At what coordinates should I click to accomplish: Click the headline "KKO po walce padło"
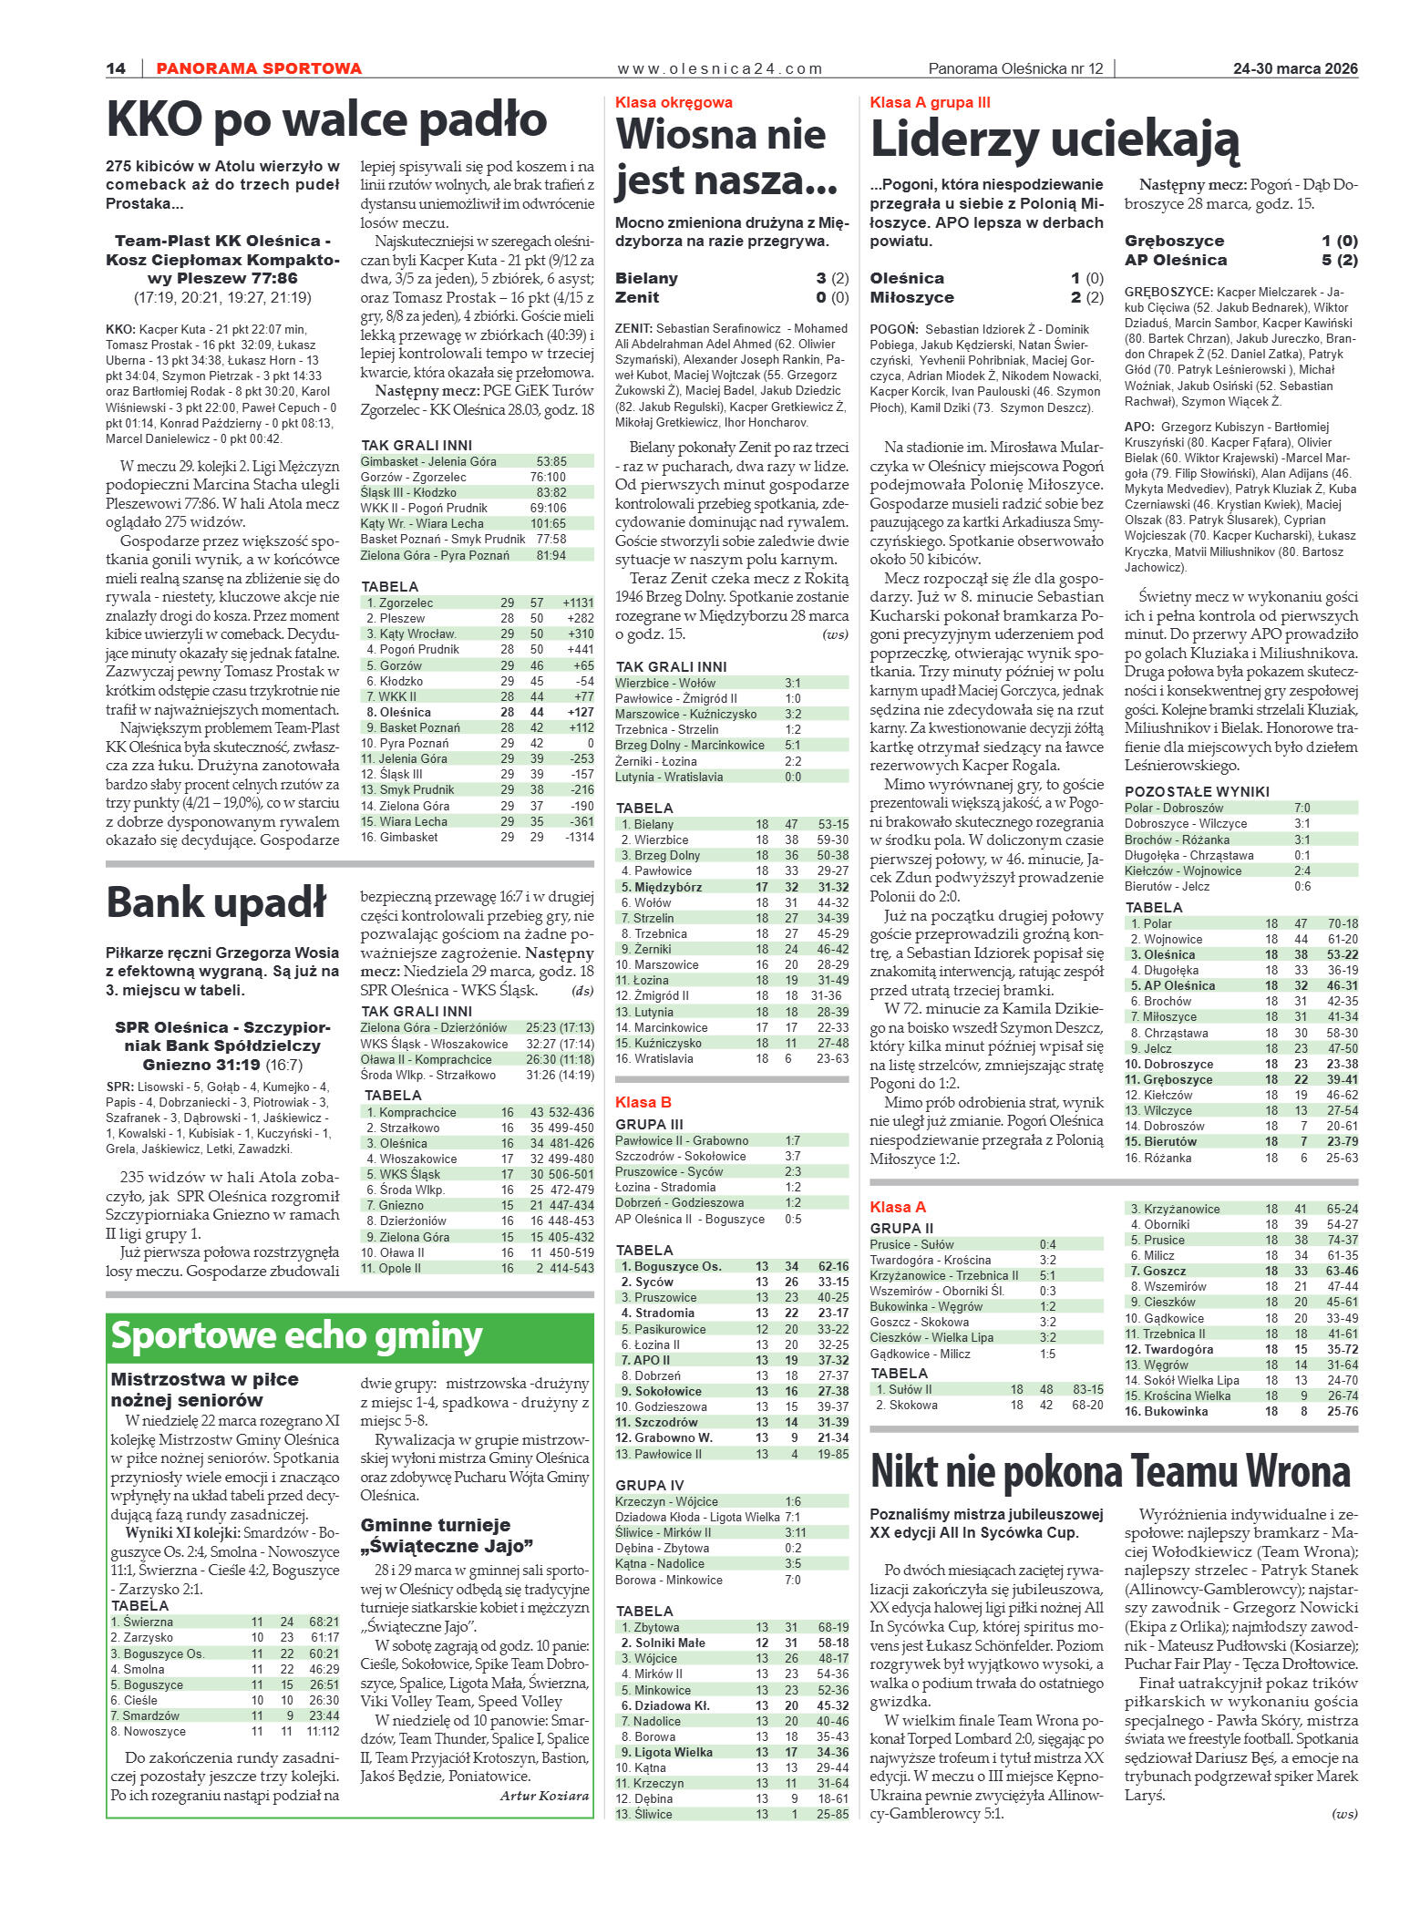(x=326, y=119)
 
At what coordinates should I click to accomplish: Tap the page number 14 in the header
(x=116, y=68)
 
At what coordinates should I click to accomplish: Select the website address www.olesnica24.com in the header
(x=719, y=68)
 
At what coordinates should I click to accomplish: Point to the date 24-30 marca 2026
(x=1295, y=68)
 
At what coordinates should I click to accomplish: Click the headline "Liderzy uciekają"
(x=1055, y=140)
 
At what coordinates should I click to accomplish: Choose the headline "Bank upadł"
(x=216, y=902)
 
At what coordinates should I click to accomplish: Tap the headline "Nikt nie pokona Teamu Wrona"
(x=1109, y=1471)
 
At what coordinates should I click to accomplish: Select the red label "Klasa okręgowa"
(x=674, y=102)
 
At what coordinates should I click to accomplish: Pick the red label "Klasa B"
(x=643, y=1102)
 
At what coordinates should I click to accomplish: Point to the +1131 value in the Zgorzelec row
(x=578, y=603)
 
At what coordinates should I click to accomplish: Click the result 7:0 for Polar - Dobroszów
(x=1302, y=808)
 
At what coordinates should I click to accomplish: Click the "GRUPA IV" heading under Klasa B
(x=649, y=1485)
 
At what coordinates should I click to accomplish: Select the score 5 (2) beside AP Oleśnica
(x=1339, y=260)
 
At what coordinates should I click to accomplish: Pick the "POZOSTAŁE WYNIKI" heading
(x=1197, y=791)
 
